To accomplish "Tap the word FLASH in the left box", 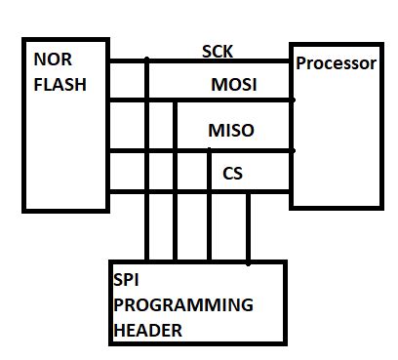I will point(60,84).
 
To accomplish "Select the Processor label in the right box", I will point(336,63).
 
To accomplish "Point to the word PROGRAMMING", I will point(183,304).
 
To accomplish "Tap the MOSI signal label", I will point(234,86).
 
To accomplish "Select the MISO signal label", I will point(232,130).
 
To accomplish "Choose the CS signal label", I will point(232,175).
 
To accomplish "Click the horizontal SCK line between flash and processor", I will point(224,60).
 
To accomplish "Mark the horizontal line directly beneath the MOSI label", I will point(234,100).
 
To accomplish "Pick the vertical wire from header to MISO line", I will point(209,215).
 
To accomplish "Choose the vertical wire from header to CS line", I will point(249,229).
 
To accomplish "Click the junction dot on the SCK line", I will point(147,60).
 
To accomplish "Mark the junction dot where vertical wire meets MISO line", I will point(209,150).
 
